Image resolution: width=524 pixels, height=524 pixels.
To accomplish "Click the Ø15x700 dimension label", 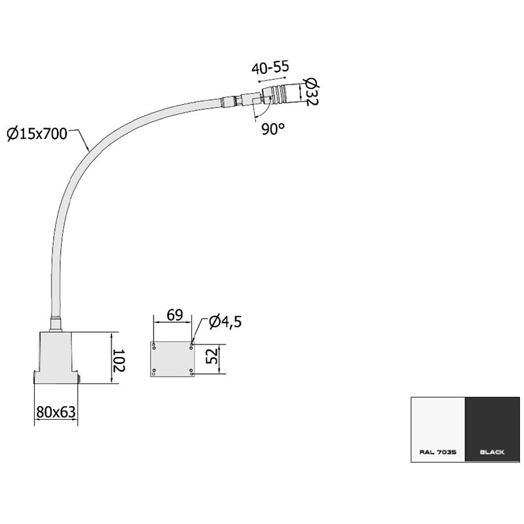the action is coord(37,134).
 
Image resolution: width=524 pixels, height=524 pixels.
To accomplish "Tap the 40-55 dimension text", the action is coord(270,68).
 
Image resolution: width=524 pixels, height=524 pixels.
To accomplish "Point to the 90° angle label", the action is coord(272,129).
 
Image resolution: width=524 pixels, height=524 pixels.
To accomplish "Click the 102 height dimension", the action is coord(119,361).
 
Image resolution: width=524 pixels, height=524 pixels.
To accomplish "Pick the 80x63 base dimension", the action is coord(56,412).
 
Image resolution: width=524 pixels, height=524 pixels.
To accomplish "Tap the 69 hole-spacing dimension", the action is coord(175,315).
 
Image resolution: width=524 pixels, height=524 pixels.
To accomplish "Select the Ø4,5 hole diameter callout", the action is coord(225,322).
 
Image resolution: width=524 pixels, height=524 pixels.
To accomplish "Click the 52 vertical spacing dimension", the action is coord(212,356).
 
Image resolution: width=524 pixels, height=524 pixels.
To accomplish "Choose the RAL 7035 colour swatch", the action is coord(438,430).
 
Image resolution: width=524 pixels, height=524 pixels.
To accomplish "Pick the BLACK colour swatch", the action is coord(493,430).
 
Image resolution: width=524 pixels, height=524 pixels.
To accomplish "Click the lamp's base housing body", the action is coord(56,358).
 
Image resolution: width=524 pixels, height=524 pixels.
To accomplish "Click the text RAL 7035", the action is coord(438,452).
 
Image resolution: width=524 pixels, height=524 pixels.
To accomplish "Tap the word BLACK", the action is coord(493,452).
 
